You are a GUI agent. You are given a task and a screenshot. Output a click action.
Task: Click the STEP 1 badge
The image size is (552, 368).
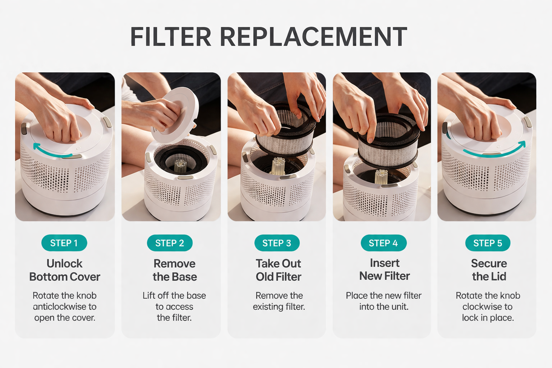click(x=64, y=243)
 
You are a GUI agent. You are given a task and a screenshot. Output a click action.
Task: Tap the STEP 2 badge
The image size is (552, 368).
click(x=170, y=243)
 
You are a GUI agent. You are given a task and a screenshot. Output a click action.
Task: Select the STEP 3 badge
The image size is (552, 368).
click(x=277, y=243)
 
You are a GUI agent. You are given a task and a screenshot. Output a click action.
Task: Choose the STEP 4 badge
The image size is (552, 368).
click(x=383, y=243)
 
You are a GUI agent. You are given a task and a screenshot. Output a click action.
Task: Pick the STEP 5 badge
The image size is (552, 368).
click(x=488, y=243)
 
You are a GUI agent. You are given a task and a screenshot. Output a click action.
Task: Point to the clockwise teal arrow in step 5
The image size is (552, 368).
click(x=496, y=150)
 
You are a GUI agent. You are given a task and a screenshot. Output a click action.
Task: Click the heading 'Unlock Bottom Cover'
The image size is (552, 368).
click(x=65, y=270)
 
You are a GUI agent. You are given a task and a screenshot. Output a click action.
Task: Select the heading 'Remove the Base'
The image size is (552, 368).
click(x=175, y=270)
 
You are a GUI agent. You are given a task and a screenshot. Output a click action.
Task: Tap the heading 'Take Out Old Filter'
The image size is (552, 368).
click(x=279, y=270)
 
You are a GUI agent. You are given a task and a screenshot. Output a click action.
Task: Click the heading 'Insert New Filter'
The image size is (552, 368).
click(x=385, y=269)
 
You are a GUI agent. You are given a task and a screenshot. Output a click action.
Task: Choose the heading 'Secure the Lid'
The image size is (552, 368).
click(x=489, y=270)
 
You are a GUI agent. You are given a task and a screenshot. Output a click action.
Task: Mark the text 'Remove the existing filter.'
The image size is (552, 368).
click(x=279, y=301)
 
